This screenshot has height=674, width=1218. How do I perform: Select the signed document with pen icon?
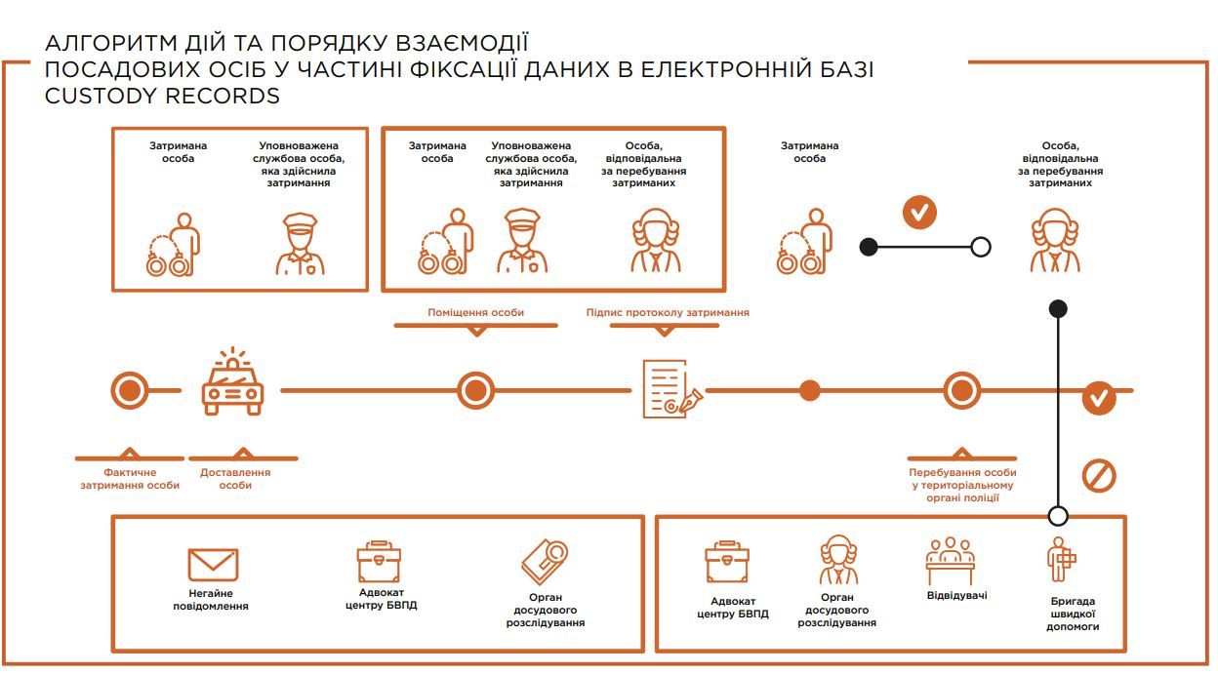pyautogui.click(x=670, y=388)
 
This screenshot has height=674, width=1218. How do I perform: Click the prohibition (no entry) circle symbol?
pyautogui.click(x=1099, y=476)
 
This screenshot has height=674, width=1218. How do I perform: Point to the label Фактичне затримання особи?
pyautogui.click(x=129, y=479)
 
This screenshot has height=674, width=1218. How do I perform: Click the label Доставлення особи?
pyautogui.click(x=235, y=479)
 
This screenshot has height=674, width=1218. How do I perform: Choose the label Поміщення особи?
pyautogui.click(x=475, y=312)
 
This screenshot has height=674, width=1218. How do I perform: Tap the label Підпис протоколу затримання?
pyautogui.click(x=668, y=312)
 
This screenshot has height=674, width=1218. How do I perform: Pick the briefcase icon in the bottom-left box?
pyautogui.click(x=380, y=564)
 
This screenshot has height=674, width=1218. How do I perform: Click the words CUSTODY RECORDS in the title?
pyautogui.click(x=162, y=96)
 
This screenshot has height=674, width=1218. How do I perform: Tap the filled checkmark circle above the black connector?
pyautogui.click(x=919, y=212)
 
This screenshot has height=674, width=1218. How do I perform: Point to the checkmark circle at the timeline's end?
pyautogui.click(x=1099, y=398)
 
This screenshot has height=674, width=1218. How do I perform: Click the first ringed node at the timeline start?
pyautogui.click(x=129, y=391)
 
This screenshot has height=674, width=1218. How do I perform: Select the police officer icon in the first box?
pyautogui.click(x=300, y=244)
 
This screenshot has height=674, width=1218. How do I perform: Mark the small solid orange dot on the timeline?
pyautogui.click(x=809, y=391)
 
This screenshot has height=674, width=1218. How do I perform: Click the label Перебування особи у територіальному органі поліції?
pyautogui.click(x=961, y=485)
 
